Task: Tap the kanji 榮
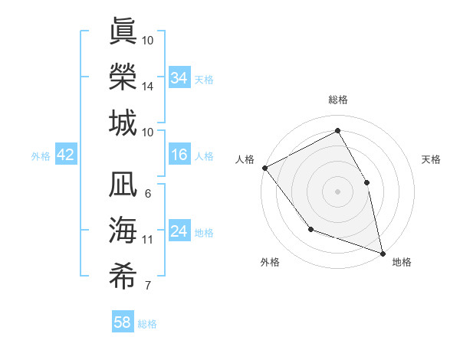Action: [123, 77]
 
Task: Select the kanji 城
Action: [123, 123]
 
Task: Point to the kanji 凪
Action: [123, 185]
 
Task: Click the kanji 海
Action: [123, 231]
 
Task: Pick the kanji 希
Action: [123, 277]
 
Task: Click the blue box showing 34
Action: [179, 77]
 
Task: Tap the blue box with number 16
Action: [179, 155]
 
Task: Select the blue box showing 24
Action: [179, 231]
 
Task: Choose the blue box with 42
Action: [66, 155]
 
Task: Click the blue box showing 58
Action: [123, 322]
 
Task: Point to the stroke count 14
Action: [147, 87]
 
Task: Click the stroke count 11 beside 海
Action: [147, 240]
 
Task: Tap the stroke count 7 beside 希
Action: [147, 286]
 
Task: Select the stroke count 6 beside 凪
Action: [147, 193]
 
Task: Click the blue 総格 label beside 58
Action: [147, 324]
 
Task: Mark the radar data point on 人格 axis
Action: [264, 168]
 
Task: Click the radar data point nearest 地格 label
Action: [382, 252]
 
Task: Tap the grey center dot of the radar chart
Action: [337, 191]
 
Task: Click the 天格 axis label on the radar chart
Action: [431, 159]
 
